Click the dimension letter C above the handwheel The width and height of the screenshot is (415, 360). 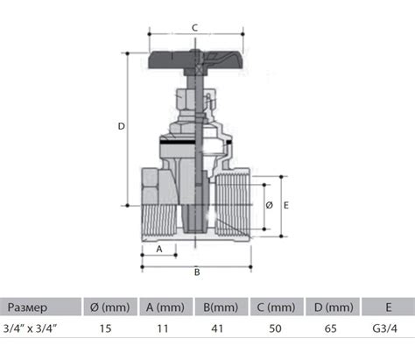pos(195,28)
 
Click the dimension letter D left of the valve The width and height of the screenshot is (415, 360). pos(122,126)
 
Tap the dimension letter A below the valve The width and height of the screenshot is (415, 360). pos(159,249)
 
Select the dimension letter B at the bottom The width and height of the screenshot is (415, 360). pos(197,272)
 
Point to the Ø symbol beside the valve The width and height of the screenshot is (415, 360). pos(270,205)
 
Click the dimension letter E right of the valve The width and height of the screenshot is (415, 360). pos(286,205)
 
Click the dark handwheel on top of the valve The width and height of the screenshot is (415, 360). pos(195,60)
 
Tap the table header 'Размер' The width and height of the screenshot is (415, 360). pos(27,307)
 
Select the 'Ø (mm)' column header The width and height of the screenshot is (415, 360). pos(110,307)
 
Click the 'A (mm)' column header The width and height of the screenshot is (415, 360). pos(165,307)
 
